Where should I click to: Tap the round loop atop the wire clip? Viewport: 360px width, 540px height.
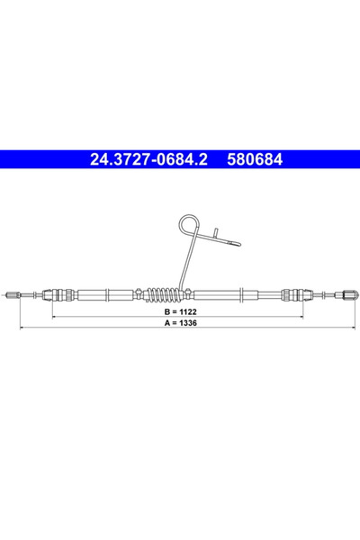[188, 223]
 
